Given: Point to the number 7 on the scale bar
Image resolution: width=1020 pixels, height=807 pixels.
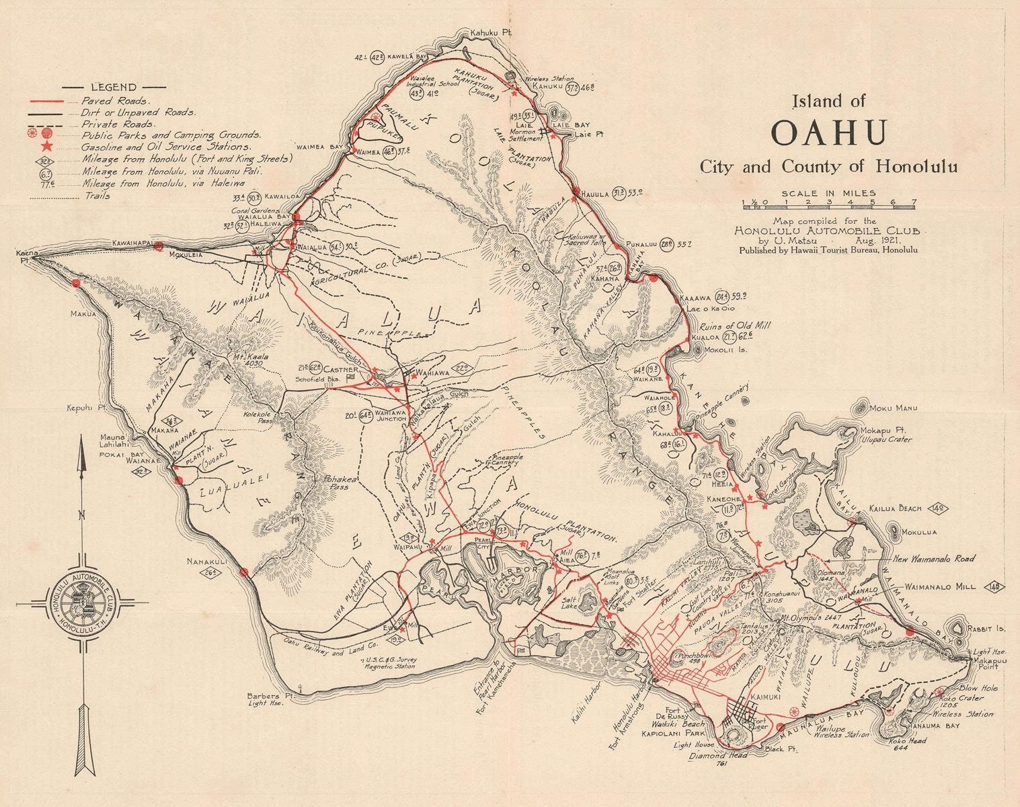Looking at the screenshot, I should [914, 201].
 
